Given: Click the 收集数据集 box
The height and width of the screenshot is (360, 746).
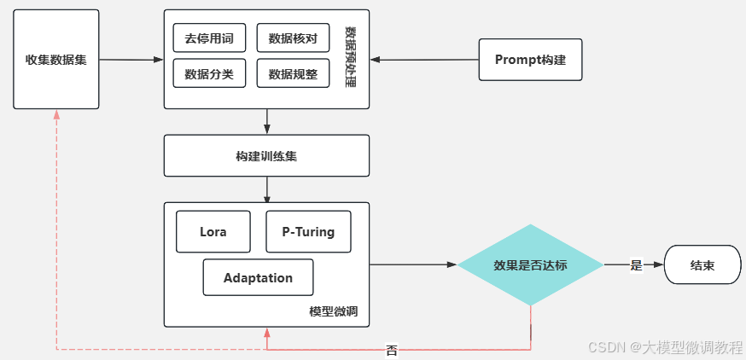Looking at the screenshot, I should [x=56, y=60].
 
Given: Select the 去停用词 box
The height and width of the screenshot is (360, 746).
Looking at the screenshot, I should [x=209, y=38].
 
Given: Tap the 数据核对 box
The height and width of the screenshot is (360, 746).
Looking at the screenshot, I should [x=293, y=38].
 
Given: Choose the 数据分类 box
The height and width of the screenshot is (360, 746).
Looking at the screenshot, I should [x=209, y=73].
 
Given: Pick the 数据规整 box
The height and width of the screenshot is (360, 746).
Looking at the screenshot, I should [x=293, y=73].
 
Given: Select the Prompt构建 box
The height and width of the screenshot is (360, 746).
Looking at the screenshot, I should [x=530, y=60].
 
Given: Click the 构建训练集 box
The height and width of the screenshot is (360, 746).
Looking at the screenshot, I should [x=266, y=156].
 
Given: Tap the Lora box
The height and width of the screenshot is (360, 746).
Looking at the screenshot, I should [x=213, y=232].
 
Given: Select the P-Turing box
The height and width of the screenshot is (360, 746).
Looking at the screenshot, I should [x=308, y=232].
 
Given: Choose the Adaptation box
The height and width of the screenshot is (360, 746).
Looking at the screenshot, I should [x=258, y=278].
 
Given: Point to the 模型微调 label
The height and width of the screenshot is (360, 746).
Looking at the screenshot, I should [x=333, y=312].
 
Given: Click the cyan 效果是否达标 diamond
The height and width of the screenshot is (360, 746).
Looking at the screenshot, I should [x=530, y=265].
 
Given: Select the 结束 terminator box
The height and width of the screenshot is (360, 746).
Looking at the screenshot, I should [x=702, y=265].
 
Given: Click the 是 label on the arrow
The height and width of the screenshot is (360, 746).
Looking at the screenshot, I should [x=636, y=265].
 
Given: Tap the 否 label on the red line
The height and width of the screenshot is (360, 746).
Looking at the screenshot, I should [x=392, y=350].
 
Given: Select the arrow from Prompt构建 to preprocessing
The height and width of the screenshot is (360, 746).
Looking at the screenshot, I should [x=423, y=60].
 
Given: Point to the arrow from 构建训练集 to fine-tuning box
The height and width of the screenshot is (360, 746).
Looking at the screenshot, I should [x=267, y=189].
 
